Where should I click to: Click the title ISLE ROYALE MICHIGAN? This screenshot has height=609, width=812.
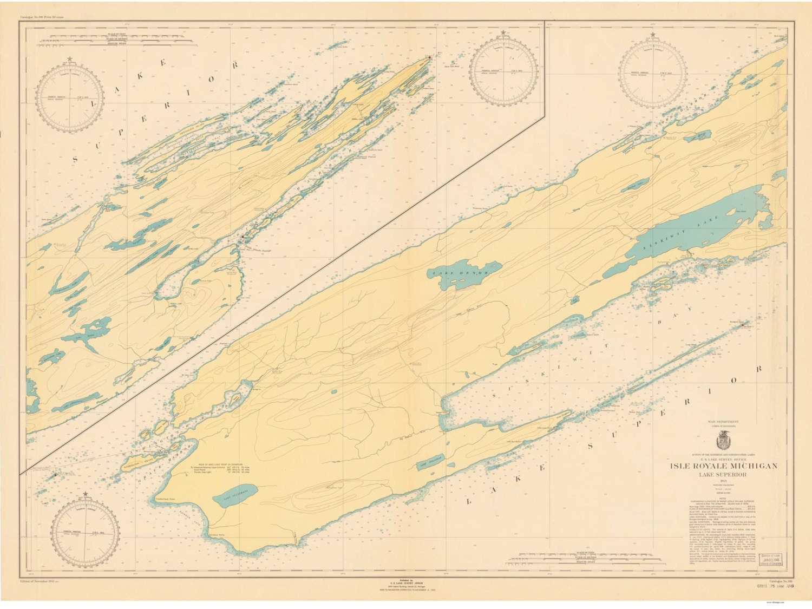(724, 466)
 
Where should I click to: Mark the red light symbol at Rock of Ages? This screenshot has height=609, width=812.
(55, 475)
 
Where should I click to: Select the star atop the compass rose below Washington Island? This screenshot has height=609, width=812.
(85, 494)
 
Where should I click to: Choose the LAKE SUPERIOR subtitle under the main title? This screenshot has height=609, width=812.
(724, 475)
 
